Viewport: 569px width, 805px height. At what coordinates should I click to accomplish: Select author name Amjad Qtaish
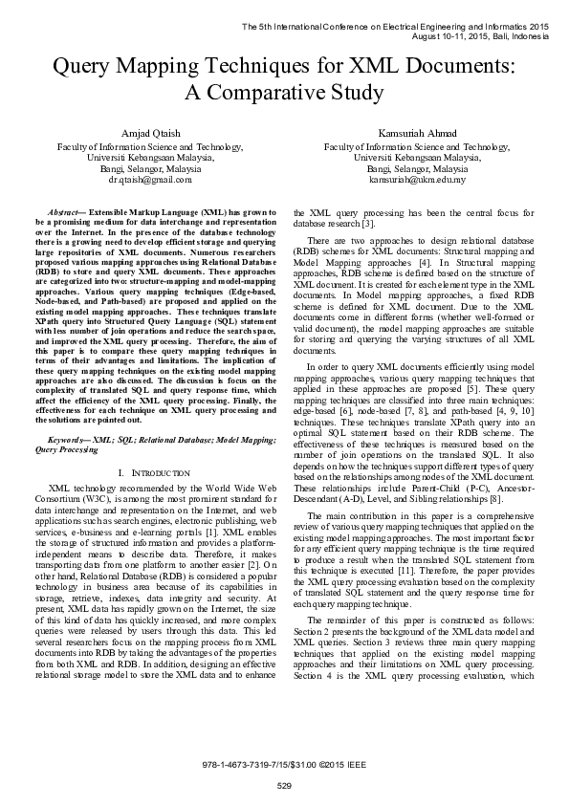click(x=149, y=133)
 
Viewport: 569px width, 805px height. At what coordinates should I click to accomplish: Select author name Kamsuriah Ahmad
click(x=417, y=133)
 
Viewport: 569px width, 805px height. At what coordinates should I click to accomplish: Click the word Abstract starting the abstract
click(x=66, y=208)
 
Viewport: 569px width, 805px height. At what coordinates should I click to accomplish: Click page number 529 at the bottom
click(x=284, y=786)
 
